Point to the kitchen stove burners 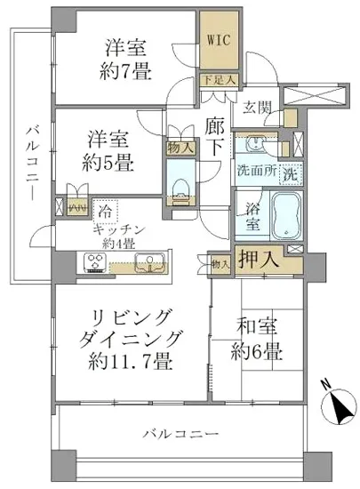95,262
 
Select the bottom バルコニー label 181,435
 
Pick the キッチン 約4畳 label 125,235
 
